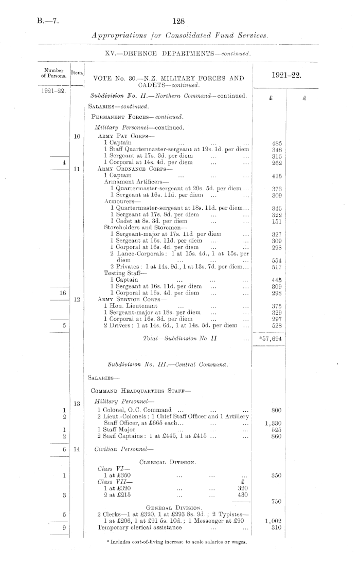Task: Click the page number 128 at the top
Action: coord(179,21)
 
